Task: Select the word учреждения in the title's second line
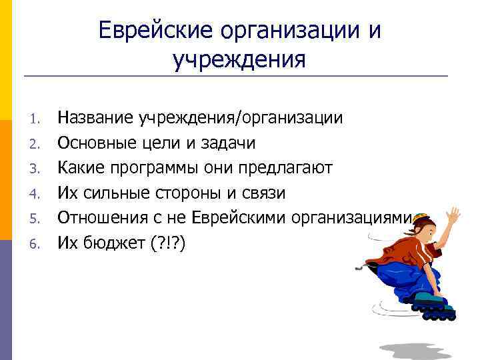239,60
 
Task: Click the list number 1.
37,120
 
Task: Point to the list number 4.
37,194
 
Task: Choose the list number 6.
37,243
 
